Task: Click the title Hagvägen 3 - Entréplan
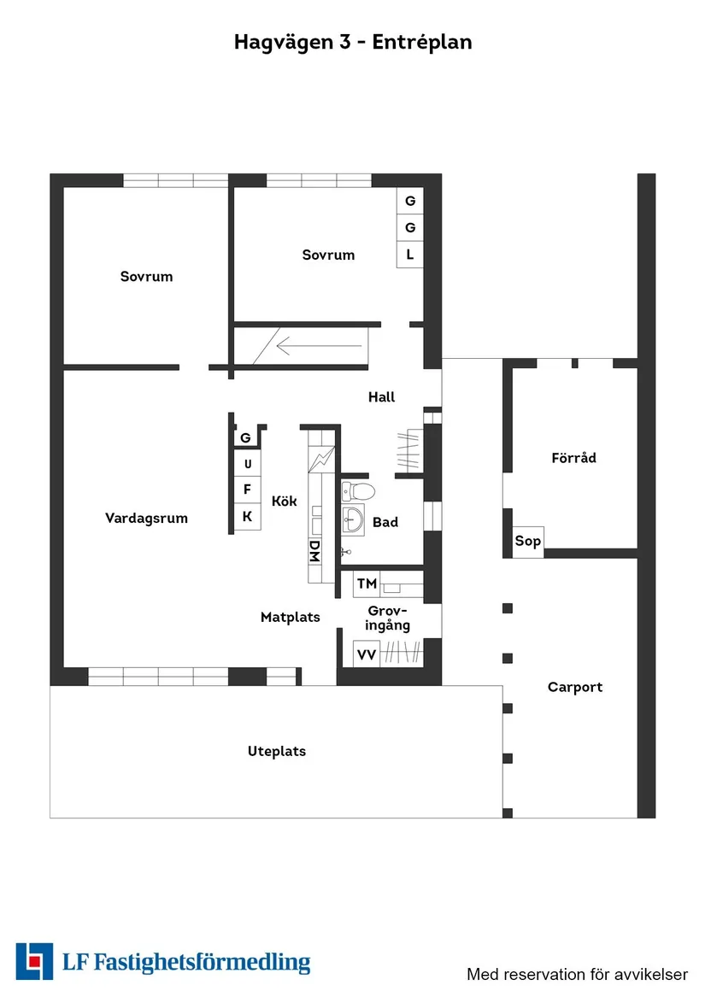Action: coord(352,42)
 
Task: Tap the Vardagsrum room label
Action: coord(146,518)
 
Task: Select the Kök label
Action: coord(285,501)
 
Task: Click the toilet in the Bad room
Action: coord(359,491)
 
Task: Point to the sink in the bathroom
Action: coord(353,518)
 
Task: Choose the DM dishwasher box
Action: coord(314,551)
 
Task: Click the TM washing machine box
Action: coord(367,584)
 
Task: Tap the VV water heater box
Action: coord(367,654)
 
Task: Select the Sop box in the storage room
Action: coord(527,542)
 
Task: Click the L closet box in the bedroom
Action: coord(410,255)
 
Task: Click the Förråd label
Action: coord(573,458)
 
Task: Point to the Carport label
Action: coord(575,687)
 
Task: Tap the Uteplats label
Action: coord(276,752)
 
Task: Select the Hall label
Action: coord(381,397)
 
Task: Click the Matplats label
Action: coord(290,617)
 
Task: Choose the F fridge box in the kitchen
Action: coord(248,490)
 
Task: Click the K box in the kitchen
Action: coord(248,516)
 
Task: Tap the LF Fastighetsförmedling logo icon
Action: coord(34,961)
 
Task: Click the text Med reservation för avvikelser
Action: coord(577,974)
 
